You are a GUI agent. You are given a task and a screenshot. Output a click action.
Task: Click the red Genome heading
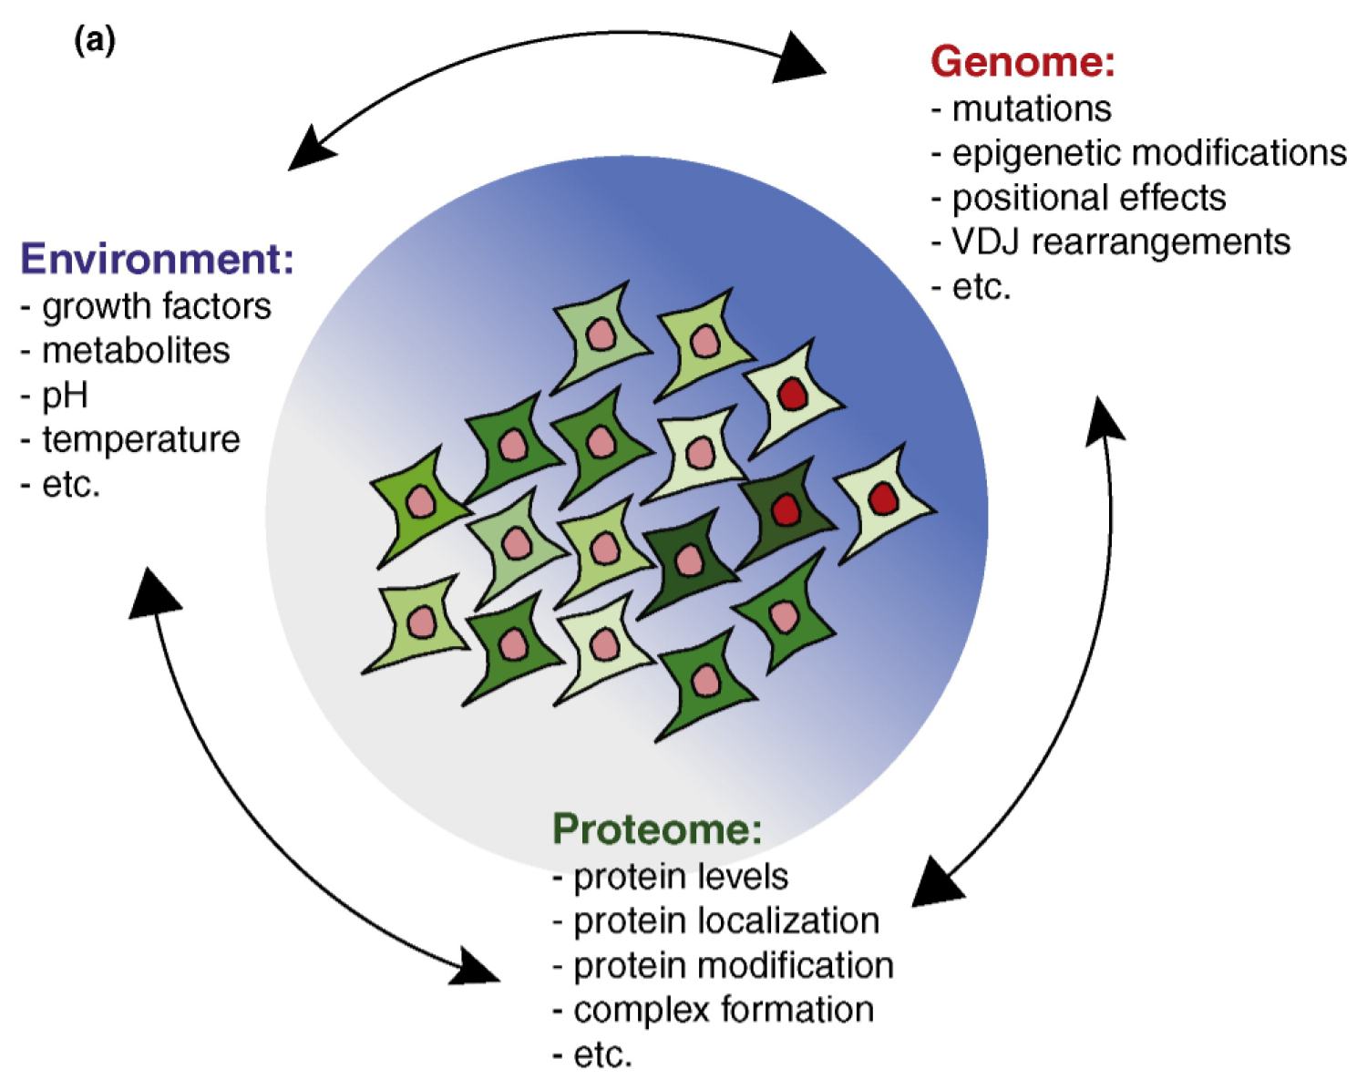point(1022,62)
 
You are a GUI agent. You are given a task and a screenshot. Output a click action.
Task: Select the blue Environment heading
point(157,259)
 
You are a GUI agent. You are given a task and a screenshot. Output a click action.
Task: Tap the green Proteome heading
point(656,829)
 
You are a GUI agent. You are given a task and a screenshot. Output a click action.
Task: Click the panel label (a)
point(95,40)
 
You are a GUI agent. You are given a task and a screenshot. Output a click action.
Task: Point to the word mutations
point(1031,109)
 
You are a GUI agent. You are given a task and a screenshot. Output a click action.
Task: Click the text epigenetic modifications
point(1148,153)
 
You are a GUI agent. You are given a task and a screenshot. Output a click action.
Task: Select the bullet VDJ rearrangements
point(1120,242)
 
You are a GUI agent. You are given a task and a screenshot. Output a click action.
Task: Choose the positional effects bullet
point(1088,198)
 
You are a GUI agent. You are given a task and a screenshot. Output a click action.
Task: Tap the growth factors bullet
point(156,307)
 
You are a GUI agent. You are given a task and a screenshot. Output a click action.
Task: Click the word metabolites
point(136,351)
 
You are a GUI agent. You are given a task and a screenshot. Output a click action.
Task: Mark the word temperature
point(140,439)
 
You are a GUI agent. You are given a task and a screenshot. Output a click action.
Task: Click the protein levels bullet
point(680,877)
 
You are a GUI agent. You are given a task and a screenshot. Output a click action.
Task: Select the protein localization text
point(725,921)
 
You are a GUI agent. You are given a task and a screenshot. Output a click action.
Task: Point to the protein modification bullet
point(733,966)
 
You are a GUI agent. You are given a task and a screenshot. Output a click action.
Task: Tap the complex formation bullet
point(723,1010)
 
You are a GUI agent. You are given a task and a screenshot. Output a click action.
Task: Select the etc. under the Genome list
point(981,287)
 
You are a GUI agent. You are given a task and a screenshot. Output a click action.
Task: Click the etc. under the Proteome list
point(602,1054)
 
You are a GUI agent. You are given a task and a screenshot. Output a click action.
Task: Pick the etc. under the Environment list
point(70,484)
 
